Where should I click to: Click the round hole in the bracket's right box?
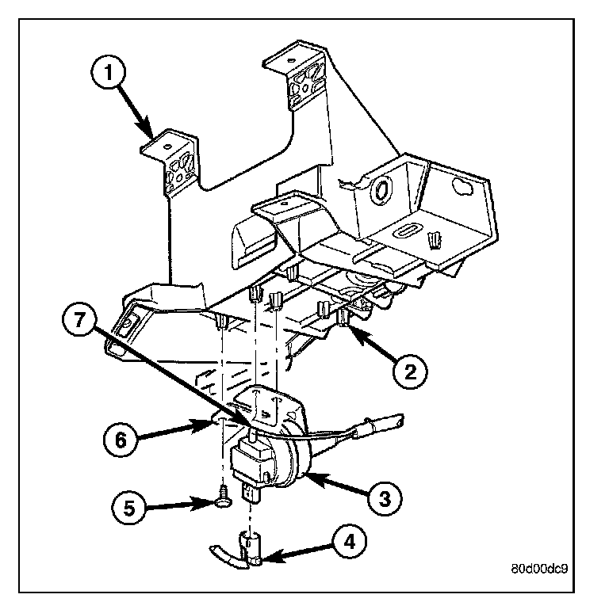(381, 190)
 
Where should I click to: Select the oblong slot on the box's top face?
(404, 231)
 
